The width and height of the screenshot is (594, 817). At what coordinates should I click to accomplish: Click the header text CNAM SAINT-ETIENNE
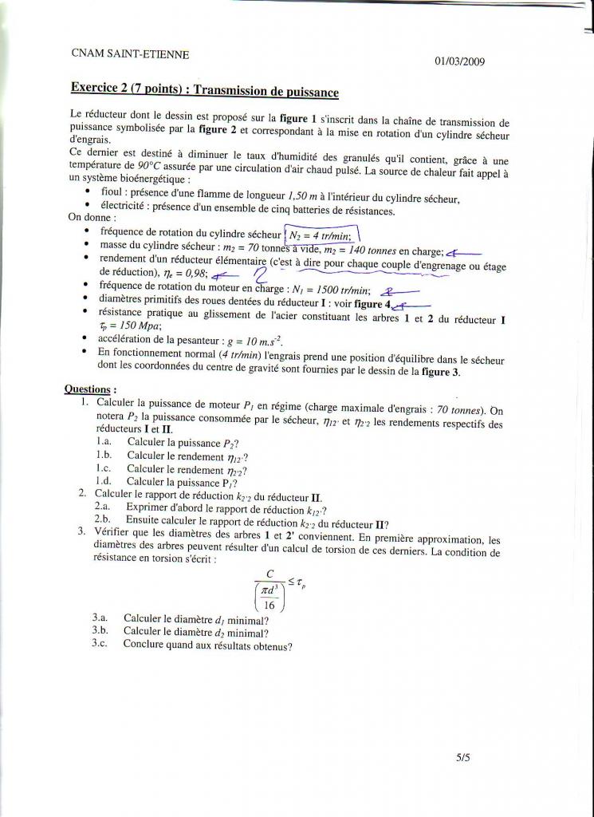coord(130,53)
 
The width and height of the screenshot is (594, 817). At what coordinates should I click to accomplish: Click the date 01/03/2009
coord(459,61)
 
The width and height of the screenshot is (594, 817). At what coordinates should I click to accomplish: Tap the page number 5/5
coord(463,760)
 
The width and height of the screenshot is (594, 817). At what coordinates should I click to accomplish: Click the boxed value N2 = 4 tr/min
coord(323,235)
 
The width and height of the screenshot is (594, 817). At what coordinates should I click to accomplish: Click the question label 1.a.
coord(104,442)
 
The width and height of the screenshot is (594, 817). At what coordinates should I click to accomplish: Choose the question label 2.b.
coord(102,524)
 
